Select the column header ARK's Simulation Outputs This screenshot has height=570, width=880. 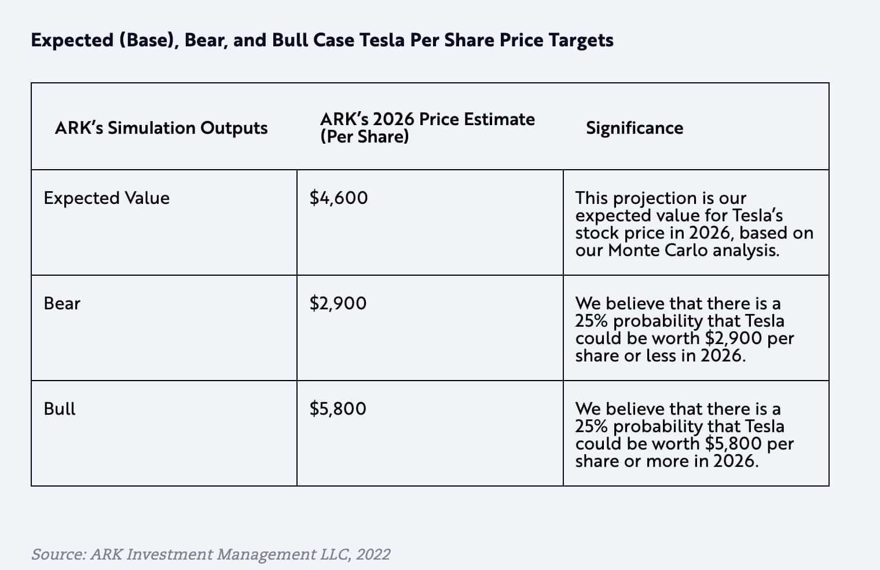[x=161, y=128]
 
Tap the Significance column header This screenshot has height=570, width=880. [x=634, y=128]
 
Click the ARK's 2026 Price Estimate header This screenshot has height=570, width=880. [x=427, y=119]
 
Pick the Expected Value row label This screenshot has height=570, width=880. [x=107, y=198]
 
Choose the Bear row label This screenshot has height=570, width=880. [x=62, y=304]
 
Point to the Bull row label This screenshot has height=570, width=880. [x=60, y=409]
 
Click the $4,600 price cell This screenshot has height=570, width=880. [x=339, y=198]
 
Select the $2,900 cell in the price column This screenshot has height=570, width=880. [x=338, y=304]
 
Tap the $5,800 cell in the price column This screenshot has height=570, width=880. [x=338, y=409]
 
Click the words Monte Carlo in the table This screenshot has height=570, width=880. [x=658, y=250]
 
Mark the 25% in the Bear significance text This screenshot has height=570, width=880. [x=591, y=321]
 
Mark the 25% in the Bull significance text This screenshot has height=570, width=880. [x=591, y=426]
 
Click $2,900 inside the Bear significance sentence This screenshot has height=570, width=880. [x=734, y=338]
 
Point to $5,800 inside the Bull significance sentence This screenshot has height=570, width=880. [x=734, y=444]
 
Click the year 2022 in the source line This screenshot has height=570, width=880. [x=373, y=554]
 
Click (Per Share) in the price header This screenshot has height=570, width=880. [x=364, y=137]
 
